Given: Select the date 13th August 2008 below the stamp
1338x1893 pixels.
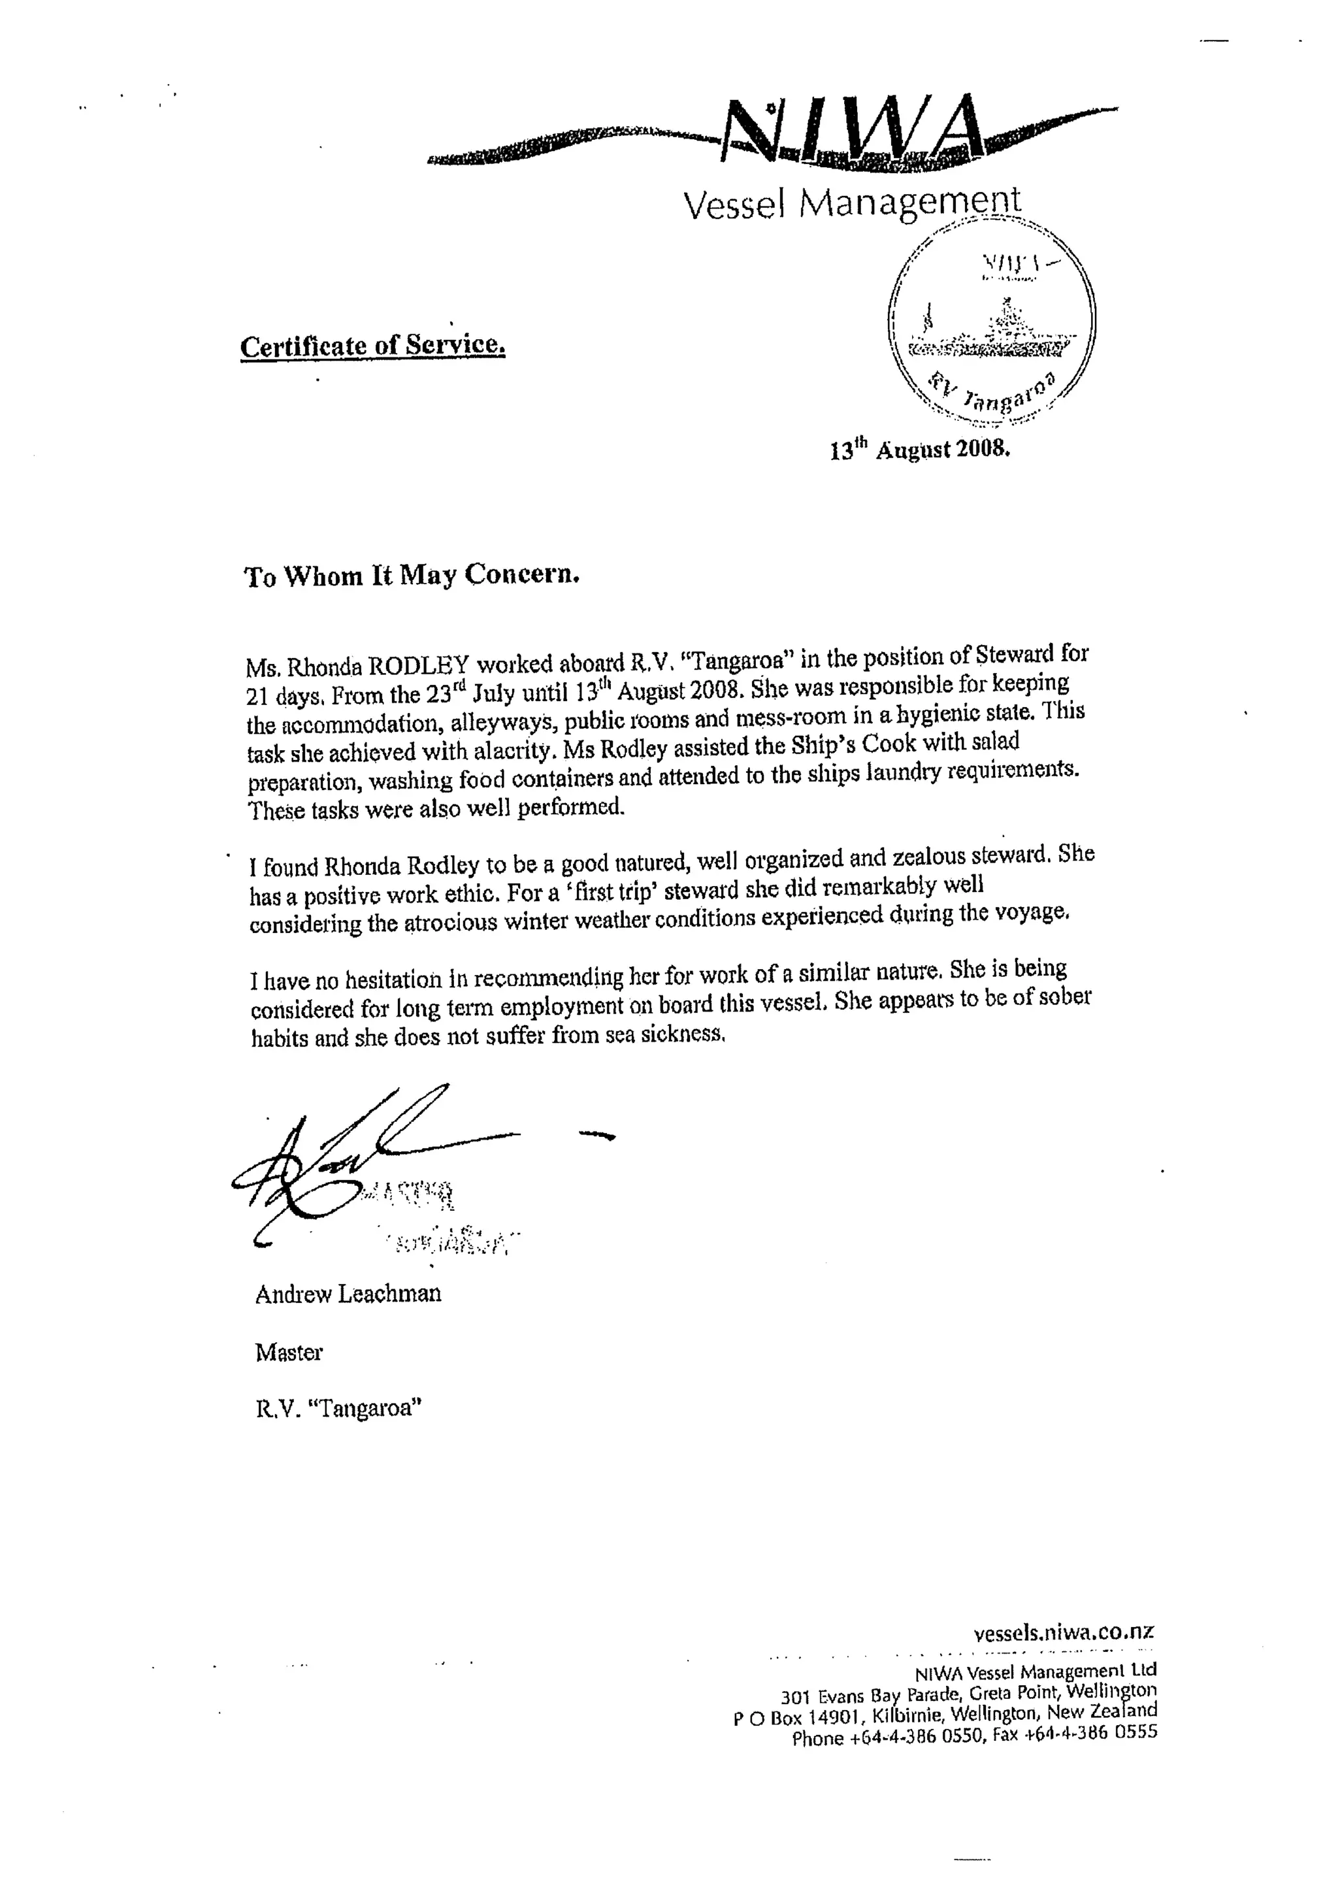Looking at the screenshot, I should tap(919, 450).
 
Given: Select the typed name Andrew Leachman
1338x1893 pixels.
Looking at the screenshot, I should tap(348, 1294).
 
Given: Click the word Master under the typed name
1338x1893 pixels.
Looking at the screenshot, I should tap(289, 1352).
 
